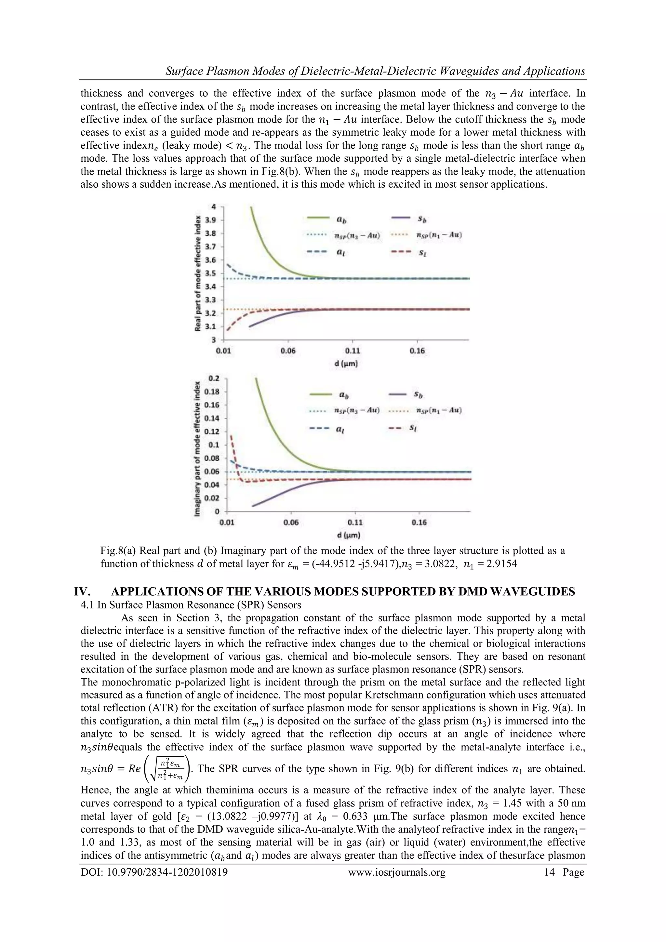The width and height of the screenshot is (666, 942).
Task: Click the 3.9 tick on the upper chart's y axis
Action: [210, 220]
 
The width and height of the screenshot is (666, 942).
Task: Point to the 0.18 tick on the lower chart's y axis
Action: [211, 391]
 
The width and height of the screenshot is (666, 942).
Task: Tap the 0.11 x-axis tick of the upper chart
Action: [352, 351]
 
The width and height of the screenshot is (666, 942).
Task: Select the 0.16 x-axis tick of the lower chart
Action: [419, 522]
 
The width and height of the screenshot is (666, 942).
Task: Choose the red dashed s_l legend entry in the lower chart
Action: [404, 428]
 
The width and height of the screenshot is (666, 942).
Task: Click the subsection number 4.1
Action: [87, 605]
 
